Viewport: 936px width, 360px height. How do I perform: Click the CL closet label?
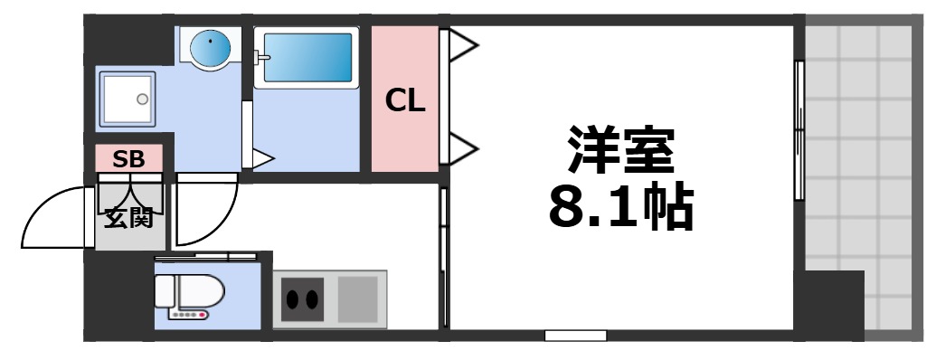(x=405, y=101)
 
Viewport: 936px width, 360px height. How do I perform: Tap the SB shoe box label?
(x=128, y=160)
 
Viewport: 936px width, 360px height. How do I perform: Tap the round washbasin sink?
(x=210, y=44)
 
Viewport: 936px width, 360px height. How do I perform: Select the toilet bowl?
(x=188, y=291)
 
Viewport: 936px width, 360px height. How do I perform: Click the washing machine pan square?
(x=126, y=99)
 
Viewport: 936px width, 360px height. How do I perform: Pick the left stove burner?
(x=293, y=299)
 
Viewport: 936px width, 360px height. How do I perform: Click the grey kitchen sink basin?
(x=358, y=296)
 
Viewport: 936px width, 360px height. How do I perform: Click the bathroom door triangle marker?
(x=260, y=159)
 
